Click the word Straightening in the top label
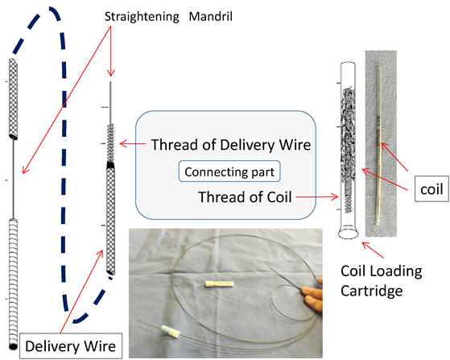(142, 17)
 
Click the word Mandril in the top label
(211, 16)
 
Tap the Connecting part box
(229, 172)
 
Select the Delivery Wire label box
(71, 346)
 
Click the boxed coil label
(431, 189)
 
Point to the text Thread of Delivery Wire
(231, 144)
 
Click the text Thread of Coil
(245, 197)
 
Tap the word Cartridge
(372, 291)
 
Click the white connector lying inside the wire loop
(220, 284)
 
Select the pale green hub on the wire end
(166, 329)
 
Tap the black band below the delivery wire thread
(110, 165)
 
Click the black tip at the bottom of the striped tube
(13, 346)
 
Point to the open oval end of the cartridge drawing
(349, 234)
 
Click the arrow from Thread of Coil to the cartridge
(317, 197)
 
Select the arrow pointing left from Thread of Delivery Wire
(133, 143)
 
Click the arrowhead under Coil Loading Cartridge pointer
(365, 245)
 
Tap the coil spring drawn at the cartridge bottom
(349, 199)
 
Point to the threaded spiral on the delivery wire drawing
(110, 143)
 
